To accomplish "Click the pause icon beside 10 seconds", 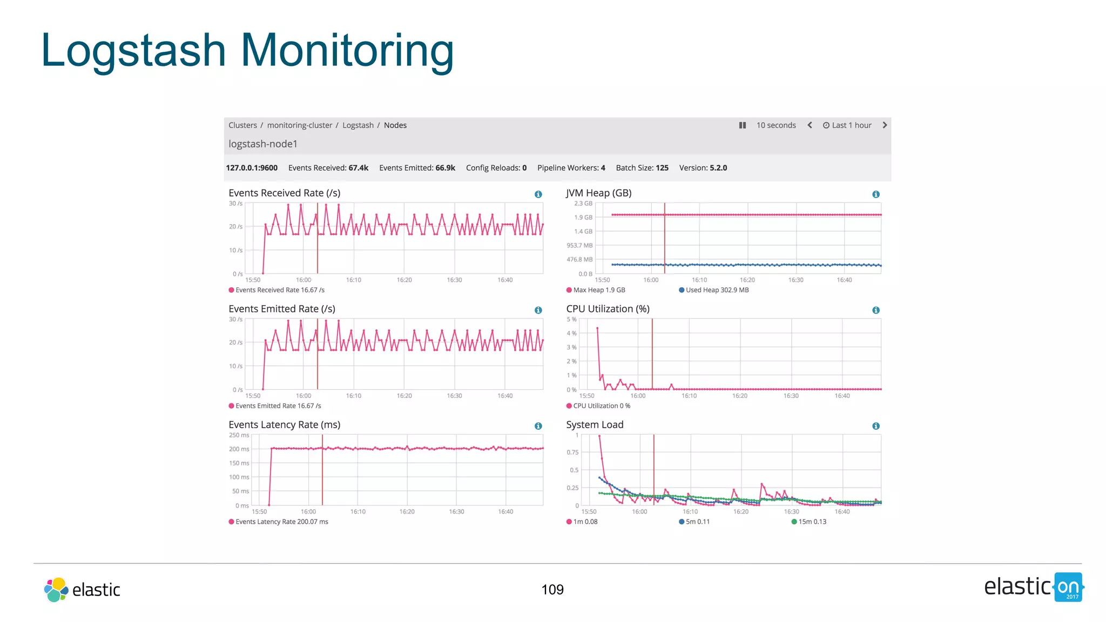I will [743, 125].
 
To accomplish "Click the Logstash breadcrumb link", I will [358, 125].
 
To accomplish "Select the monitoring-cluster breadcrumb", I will [300, 125].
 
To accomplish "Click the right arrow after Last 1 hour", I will [885, 125].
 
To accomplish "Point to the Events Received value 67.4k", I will [359, 168].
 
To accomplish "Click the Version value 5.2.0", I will [718, 168].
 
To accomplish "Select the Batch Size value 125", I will [662, 168].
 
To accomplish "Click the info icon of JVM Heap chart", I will [876, 194].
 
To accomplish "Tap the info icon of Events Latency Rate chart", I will [538, 426].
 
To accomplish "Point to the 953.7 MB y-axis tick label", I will [579, 246].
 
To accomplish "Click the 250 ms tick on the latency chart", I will [239, 435].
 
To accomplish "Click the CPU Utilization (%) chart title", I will [608, 309].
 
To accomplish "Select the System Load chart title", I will [595, 425].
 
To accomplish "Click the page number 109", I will [552, 590].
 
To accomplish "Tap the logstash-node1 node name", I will [263, 144].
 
